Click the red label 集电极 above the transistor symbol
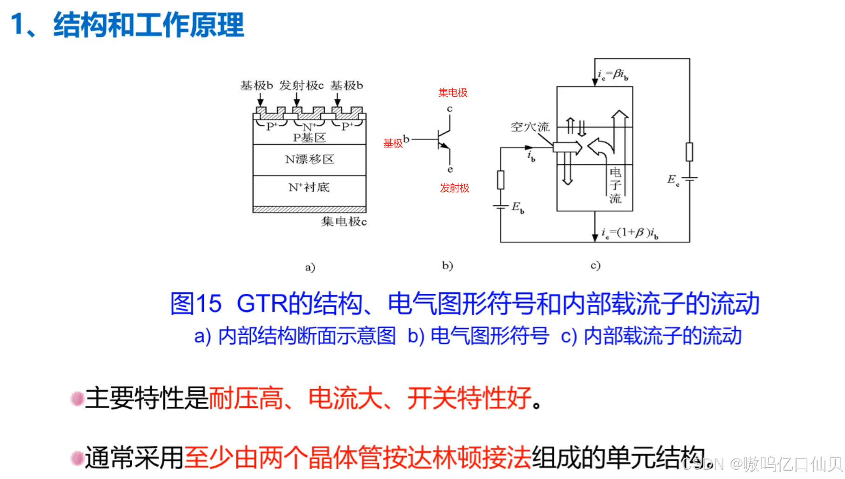coord(453,93)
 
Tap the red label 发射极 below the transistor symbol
coord(455,188)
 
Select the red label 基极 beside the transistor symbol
coord(393,143)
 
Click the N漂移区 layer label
coord(309,159)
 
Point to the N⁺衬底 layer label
coord(309,187)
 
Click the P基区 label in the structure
coord(309,138)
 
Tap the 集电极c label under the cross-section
coord(344,222)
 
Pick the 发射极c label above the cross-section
coord(301,86)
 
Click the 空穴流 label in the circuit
coord(530,127)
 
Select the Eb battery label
coord(517,207)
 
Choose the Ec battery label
coord(673,180)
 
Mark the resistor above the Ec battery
coord(689,152)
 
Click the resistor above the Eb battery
coord(501,180)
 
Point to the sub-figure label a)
coord(310,267)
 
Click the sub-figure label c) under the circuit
coord(595,265)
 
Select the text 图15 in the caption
coord(196,304)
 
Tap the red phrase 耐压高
coord(246,398)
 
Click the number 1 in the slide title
coord(17,24)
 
